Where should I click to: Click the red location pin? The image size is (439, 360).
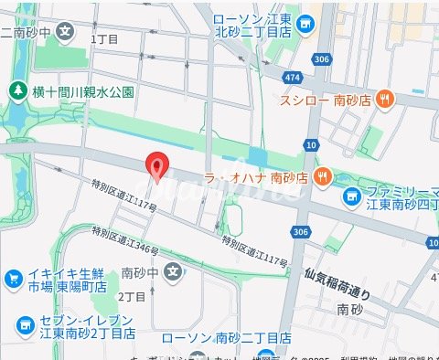157,167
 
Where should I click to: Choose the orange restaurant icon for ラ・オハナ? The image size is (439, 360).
321,175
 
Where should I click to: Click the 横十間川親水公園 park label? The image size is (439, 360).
83,91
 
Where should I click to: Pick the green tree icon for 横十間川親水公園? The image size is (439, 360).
16,91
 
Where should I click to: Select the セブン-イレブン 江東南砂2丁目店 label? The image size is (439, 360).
80,328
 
